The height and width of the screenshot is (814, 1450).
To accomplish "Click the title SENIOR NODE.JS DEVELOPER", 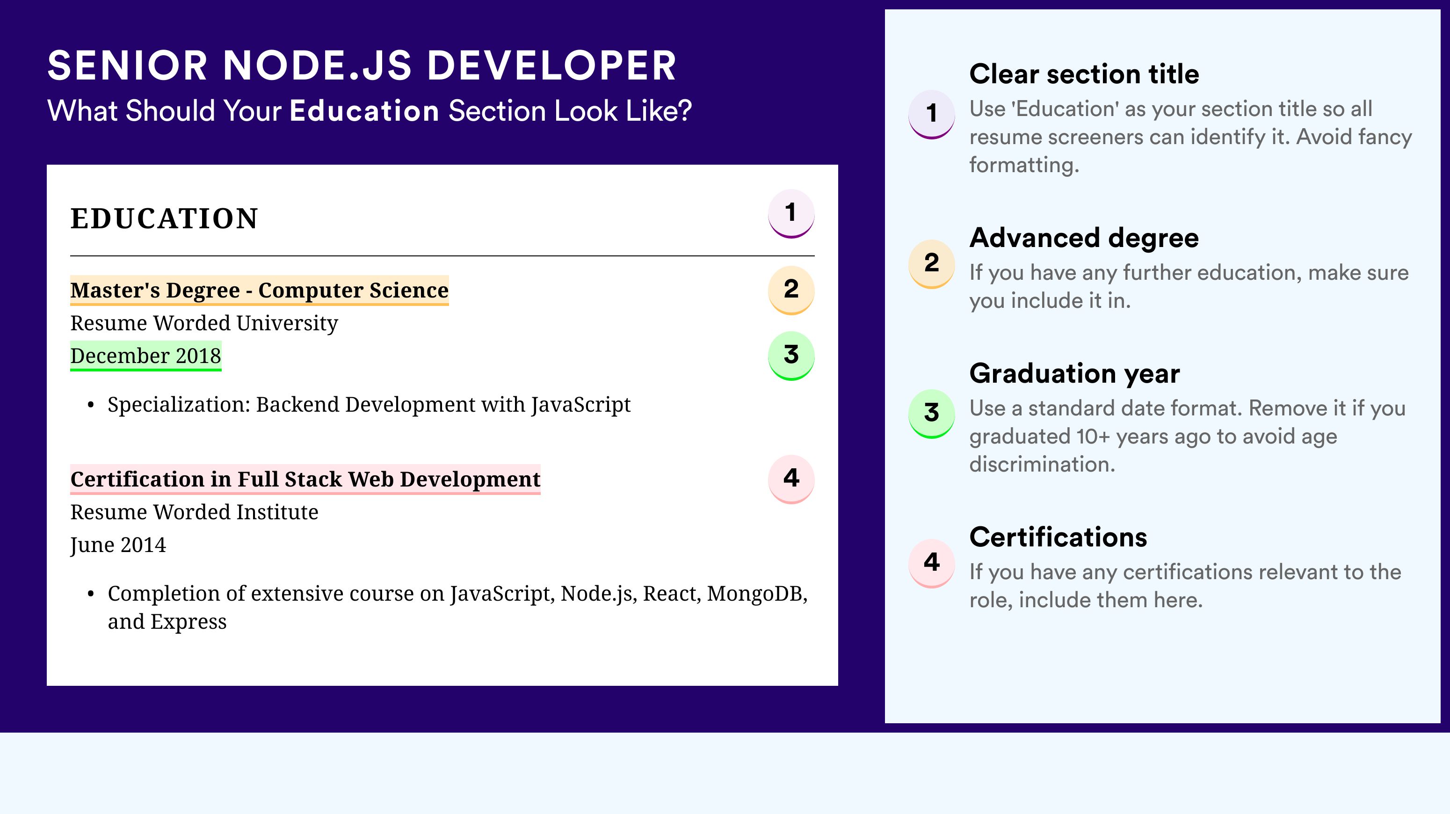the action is (362, 66).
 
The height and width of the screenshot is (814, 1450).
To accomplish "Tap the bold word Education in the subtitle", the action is (364, 110).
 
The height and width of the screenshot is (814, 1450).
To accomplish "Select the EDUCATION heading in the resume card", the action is (164, 218).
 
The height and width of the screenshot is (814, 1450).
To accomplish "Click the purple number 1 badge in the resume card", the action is (791, 213).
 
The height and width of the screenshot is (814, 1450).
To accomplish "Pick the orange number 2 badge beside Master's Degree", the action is (791, 290).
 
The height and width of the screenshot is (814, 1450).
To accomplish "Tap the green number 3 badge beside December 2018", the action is (791, 356).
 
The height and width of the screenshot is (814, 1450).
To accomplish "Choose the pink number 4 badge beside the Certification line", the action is (791, 479).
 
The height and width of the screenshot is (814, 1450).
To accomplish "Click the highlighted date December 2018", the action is (146, 356).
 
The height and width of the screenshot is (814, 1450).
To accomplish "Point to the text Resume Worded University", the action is (204, 323).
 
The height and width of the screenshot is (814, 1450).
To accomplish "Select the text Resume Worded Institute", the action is (194, 512).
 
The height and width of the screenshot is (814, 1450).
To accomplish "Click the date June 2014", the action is (118, 545).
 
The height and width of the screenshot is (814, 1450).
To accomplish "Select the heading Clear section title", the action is (1084, 74).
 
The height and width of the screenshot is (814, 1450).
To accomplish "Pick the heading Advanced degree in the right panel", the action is (1084, 238).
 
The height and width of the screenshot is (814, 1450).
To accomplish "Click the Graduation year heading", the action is (1074, 373).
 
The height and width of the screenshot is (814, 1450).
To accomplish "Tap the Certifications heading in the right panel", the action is (1058, 537).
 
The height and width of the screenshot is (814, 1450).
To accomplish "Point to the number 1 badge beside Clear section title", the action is (932, 114).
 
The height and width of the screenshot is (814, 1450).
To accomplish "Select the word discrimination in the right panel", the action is (1042, 465).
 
